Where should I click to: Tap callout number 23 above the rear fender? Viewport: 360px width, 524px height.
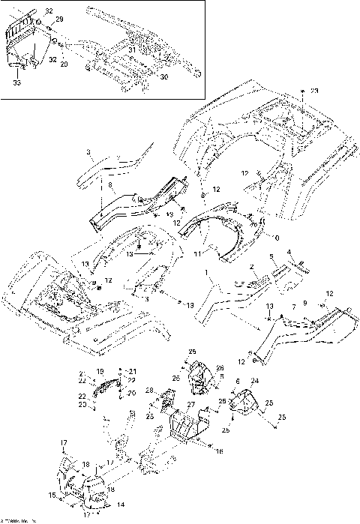point(315,91)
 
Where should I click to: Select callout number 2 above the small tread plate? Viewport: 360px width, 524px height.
point(253,267)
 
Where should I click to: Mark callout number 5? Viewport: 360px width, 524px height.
point(271,256)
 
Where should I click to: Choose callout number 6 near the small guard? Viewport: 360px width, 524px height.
point(238,382)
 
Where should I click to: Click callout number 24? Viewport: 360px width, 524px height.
point(254,382)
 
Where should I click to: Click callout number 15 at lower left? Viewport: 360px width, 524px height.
point(52,495)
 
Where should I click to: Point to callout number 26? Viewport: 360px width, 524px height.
point(220,367)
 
